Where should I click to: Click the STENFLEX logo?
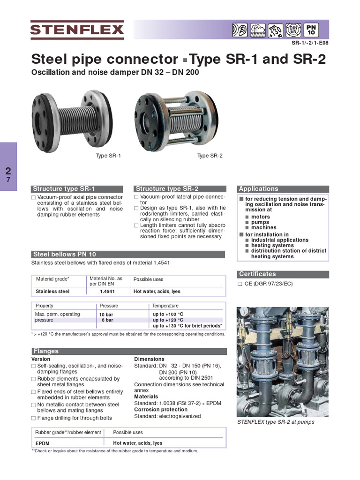(x=77, y=30)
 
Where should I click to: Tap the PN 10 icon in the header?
(x=311, y=30)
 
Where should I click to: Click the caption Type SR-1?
(x=108, y=156)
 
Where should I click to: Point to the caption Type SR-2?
(x=210, y=156)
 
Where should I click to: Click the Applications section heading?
(x=259, y=189)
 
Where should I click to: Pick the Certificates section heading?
(x=258, y=274)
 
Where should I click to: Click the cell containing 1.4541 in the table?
(x=107, y=292)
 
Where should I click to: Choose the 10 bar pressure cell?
(x=106, y=314)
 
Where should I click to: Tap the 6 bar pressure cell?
(x=107, y=320)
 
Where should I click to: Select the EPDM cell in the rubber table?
(x=43, y=443)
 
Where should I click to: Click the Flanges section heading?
(x=46, y=351)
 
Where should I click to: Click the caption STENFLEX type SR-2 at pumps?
(x=276, y=422)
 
